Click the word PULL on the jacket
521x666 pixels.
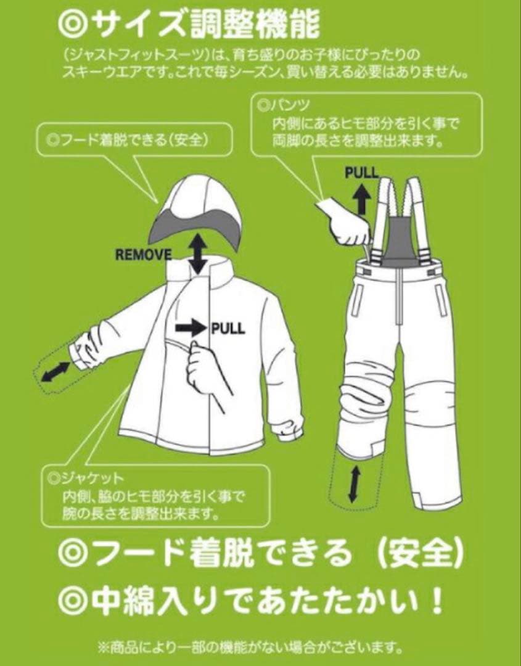coord(228,327)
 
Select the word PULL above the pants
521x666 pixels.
coord(362,173)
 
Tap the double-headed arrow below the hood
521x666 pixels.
coord(197,252)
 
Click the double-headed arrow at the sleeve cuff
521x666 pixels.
coord(55,372)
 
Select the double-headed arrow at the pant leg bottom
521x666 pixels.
coord(353,483)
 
